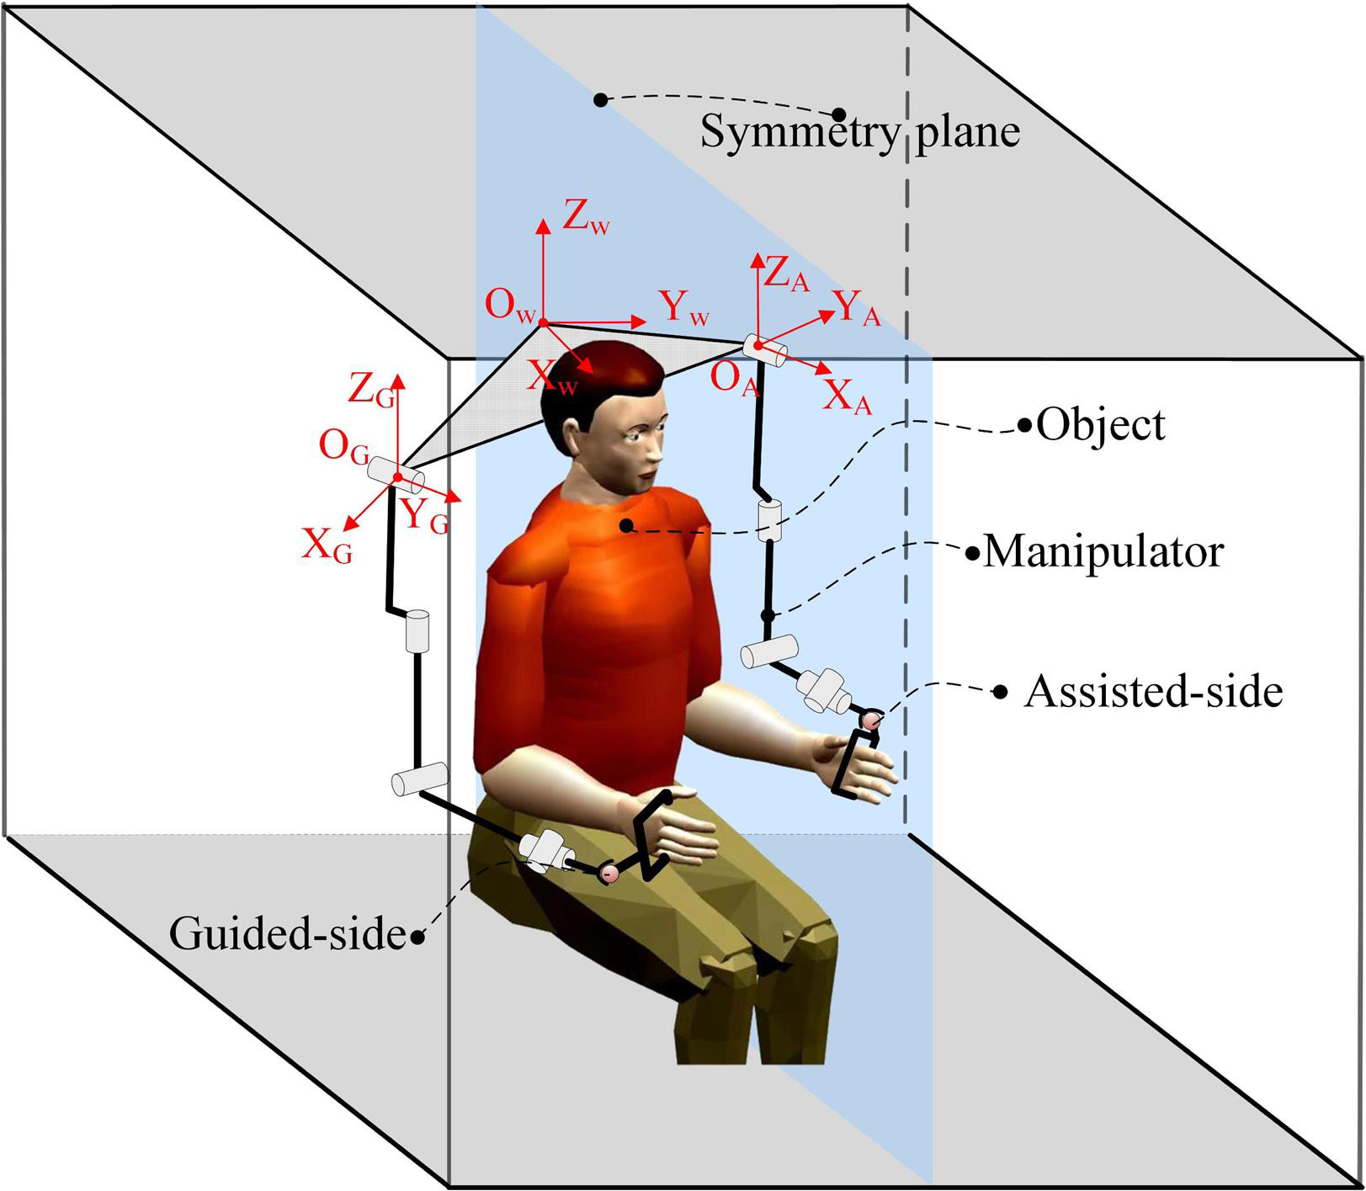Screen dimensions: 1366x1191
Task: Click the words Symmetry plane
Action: tap(860, 132)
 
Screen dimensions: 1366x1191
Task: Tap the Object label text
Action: tap(1101, 425)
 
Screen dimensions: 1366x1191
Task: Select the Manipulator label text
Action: tap(1103, 553)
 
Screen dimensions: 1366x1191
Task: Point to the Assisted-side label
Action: tap(1153, 691)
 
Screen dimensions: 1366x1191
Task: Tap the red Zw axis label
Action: tap(587, 220)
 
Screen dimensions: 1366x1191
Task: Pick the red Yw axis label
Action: tap(685, 308)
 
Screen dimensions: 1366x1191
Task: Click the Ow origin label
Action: tap(510, 306)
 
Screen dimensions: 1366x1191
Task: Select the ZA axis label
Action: tap(786, 275)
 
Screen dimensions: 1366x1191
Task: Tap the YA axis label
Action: tap(857, 309)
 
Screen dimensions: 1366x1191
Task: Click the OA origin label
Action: tap(736, 379)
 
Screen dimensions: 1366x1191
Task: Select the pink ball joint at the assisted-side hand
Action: tap(870, 720)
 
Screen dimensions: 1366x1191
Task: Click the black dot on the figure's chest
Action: tap(625, 526)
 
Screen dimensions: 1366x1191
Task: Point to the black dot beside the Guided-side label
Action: tap(418, 937)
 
